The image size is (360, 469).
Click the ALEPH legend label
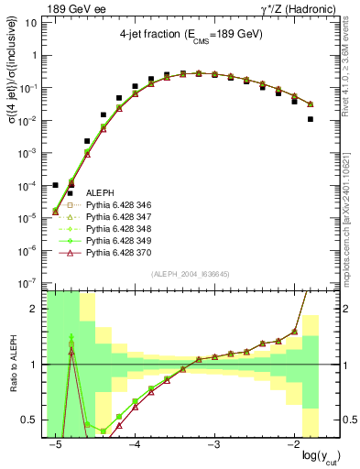point(100,192)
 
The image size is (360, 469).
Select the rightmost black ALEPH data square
point(311,119)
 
